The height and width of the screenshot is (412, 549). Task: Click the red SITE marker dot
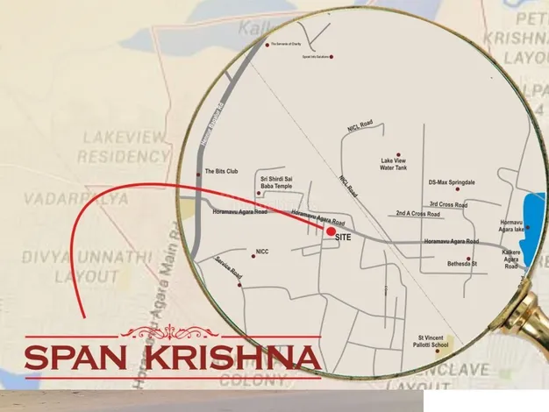point(330,232)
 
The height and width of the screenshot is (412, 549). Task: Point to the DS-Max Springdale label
point(452,182)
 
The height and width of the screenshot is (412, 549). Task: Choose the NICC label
point(261,252)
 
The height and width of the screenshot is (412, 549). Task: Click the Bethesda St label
point(461,264)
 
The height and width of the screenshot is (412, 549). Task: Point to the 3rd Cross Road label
point(448,205)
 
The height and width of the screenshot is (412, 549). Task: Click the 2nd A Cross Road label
point(417,213)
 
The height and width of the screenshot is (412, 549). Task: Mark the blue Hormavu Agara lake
point(532,219)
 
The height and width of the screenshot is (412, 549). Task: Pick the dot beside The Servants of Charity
point(267,44)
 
